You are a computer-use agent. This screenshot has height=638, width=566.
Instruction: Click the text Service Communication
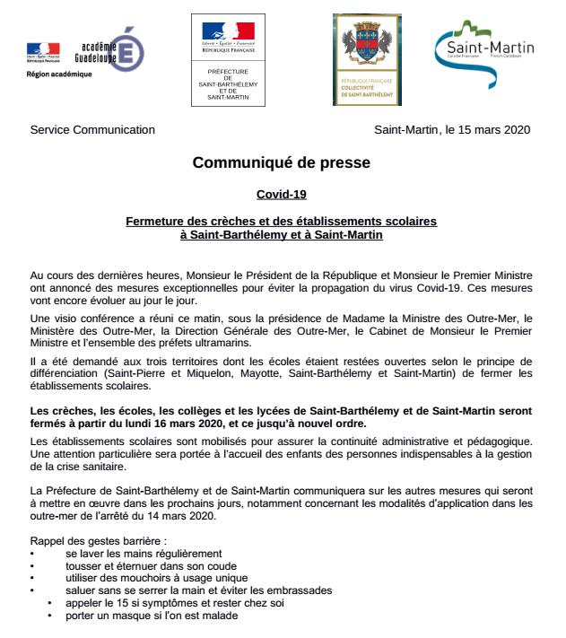(x=92, y=129)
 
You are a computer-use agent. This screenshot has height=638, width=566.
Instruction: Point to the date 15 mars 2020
(x=492, y=129)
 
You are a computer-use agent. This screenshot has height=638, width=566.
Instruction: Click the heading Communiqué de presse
(x=282, y=164)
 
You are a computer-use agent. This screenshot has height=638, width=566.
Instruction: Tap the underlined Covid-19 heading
(x=281, y=194)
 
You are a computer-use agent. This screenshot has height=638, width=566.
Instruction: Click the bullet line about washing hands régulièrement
(x=144, y=555)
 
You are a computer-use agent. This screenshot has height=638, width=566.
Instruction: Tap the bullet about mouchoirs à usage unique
(x=143, y=578)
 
